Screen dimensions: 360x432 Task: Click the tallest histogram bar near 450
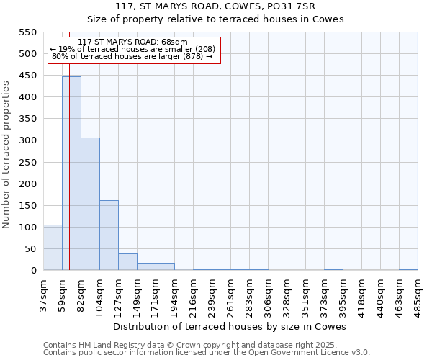[71, 173]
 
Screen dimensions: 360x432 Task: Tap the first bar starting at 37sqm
[53, 248]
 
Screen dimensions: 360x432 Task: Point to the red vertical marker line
[69, 180]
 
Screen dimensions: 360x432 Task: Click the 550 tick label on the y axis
[27, 32]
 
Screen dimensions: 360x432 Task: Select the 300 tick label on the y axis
[27, 140]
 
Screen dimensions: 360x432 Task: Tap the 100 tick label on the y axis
[27, 228]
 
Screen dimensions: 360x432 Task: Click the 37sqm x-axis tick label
[44, 292]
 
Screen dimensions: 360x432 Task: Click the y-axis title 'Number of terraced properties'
[7, 155]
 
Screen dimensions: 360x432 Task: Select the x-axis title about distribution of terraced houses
[230, 326]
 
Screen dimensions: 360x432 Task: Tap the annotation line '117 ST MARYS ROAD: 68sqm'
[132, 42]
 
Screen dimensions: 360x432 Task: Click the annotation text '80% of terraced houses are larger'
[132, 56]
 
